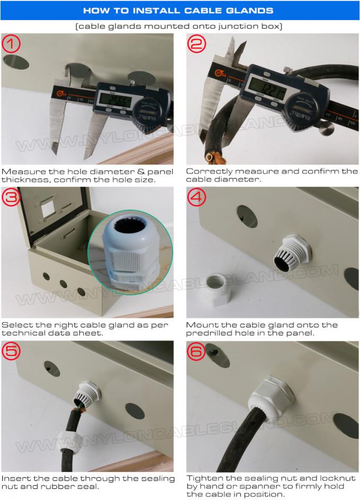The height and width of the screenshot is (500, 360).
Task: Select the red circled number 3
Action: (x=12, y=198)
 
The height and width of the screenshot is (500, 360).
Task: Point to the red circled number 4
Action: (x=197, y=198)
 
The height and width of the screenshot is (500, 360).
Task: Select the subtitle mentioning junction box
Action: (x=180, y=26)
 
